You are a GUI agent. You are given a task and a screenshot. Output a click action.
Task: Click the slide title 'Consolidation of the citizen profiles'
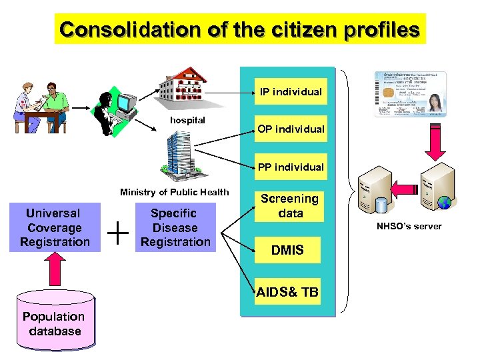[x=240, y=30]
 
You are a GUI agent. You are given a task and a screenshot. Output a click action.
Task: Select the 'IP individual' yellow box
[x=291, y=92]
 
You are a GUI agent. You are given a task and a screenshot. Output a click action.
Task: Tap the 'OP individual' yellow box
[x=291, y=129]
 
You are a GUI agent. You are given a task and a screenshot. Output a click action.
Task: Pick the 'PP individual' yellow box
[x=291, y=167]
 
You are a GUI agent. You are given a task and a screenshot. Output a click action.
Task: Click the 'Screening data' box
[x=290, y=206]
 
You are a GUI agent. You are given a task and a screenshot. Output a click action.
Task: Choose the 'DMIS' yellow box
[x=287, y=250]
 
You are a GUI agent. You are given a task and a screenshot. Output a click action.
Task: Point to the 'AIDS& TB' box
[x=287, y=292]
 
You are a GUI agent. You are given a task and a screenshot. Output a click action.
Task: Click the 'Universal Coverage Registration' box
[x=55, y=228]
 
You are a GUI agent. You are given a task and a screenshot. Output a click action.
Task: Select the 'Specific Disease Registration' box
[x=175, y=227]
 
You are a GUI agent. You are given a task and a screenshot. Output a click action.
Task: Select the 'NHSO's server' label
[x=409, y=226]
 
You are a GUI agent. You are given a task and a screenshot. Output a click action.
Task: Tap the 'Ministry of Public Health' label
[x=174, y=192]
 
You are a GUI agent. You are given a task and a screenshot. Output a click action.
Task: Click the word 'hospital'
[x=187, y=121]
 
